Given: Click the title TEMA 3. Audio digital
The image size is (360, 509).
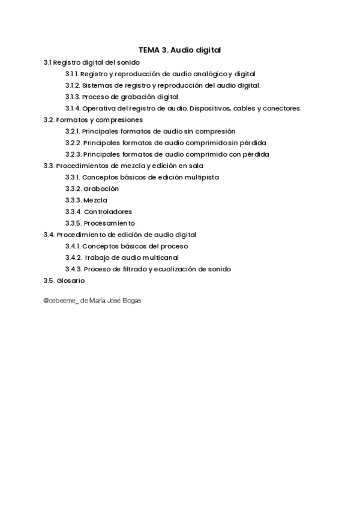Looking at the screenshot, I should point(180,50).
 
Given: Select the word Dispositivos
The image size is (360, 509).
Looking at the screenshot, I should point(211,108).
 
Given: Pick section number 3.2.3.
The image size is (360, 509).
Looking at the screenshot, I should point(73,154).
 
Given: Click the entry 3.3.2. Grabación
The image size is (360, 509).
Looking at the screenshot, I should point(92,188).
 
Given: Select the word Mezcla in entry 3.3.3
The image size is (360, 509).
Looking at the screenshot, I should point(96,200).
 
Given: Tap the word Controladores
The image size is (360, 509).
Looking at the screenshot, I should point(108,211).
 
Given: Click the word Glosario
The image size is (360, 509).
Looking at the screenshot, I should point(71,280).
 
